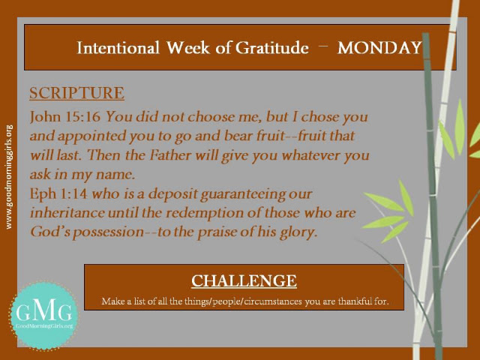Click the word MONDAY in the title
(x=379, y=48)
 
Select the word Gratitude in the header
(x=271, y=48)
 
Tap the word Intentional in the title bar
(x=118, y=48)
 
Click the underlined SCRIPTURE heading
(x=76, y=93)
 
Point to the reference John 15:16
(x=65, y=117)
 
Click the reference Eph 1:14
(x=58, y=194)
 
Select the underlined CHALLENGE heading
(x=244, y=280)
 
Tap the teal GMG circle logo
(x=43, y=316)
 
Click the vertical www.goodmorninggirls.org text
(x=9, y=177)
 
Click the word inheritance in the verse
(x=67, y=213)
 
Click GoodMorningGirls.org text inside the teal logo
(x=44, y=325)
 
